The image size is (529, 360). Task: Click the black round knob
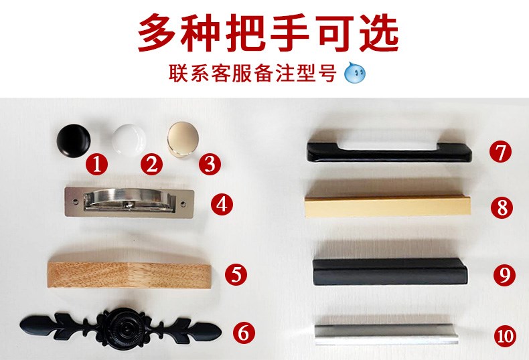(74, 141)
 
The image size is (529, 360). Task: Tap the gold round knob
(183, 139)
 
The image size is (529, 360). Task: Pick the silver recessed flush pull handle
(129, 203)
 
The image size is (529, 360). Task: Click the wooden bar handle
(129, 275)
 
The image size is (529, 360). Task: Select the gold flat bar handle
(387, 206)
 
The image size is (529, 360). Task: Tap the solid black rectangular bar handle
(390, 272)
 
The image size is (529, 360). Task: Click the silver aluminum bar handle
(386, 335)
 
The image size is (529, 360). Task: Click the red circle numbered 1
(96, 165)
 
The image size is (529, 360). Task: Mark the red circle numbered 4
(222, 204)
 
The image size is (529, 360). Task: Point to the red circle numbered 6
(244, 333)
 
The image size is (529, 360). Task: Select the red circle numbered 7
(501, 152)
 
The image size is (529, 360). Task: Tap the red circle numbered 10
(505, 336)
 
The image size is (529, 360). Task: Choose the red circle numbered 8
(502, 207)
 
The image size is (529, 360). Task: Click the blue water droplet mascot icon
(355, 72)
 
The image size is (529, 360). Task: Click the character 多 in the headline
(157, 33)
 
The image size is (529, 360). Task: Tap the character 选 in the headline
(379, 33)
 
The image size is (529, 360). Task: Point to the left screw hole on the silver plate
(76, 202)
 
